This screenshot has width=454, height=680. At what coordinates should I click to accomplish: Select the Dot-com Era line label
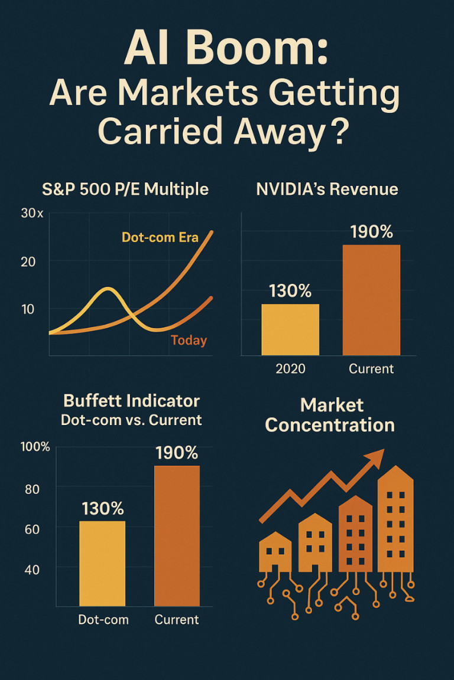tap(160, 238)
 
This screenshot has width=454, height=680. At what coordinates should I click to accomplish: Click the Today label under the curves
tap(189, 340)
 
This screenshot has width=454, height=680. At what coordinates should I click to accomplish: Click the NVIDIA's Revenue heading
tap(327, 189)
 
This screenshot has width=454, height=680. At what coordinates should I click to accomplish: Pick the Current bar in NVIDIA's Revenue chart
tap(371, 300)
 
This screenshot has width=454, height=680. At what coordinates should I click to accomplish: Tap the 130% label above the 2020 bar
tap(290, 291)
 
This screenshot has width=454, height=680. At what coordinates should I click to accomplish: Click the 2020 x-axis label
tap(290, 369)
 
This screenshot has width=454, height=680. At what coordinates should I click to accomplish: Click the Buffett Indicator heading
tap(131, 401)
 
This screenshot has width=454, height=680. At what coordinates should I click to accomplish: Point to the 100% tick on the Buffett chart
tap(35, 446)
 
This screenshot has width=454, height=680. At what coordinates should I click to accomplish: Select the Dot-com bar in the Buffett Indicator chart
tap(102, 563)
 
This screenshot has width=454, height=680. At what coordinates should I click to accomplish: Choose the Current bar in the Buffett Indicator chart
tap(177, 535)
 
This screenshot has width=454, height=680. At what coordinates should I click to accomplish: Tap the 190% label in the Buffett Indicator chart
tap(177, 453)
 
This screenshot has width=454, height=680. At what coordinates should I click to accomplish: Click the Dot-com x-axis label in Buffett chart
tap(103, 620)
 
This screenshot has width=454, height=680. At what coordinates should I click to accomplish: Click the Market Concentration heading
tap(330, 415)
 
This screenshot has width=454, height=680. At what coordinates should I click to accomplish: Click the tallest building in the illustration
tap(395, 519)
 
